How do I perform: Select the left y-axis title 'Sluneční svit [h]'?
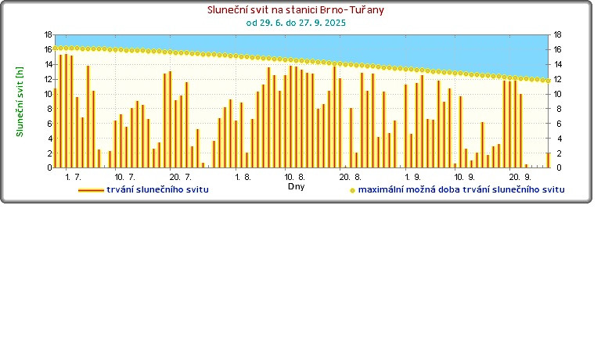20,101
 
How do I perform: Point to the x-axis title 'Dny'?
296,187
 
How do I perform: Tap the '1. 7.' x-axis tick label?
74,178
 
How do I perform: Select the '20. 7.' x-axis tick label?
181,178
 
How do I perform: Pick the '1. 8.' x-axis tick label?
243,178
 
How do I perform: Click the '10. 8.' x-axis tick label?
295,178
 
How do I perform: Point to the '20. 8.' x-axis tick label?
350,178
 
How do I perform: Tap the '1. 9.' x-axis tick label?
413,178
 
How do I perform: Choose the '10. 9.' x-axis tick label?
465,178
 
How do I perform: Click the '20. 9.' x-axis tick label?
520,178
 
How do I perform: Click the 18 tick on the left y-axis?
48,35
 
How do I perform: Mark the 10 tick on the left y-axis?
48,94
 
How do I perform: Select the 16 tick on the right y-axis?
557,49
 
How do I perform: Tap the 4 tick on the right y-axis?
556,138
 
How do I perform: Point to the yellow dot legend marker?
352,190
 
